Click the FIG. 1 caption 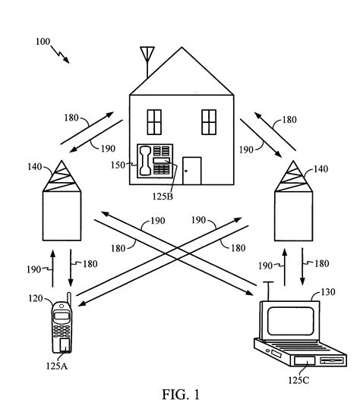click(180, 394)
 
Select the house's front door click(192, 170)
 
